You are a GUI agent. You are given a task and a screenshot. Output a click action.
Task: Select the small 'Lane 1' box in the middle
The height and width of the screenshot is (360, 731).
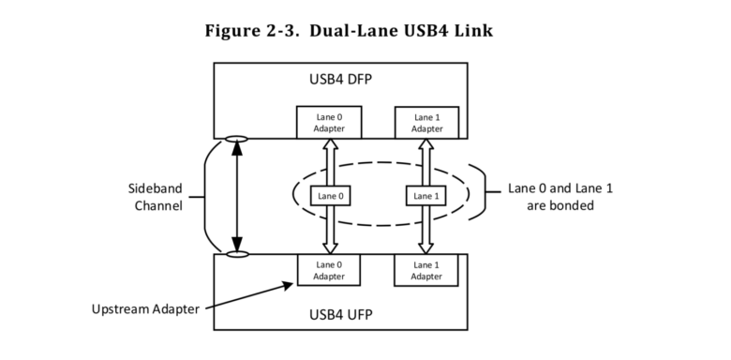(x=425, y=196)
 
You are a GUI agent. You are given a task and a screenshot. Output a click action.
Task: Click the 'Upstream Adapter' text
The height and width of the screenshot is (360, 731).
(x=145, y=308)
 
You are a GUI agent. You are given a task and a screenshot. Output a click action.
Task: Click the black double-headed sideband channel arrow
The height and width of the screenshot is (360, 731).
(x=238, y=196)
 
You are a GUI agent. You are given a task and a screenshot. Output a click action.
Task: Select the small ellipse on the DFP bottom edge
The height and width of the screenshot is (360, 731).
(x=238, y=140)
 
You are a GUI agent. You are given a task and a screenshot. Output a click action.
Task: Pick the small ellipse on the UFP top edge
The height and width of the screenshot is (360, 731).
(x=238, y=253)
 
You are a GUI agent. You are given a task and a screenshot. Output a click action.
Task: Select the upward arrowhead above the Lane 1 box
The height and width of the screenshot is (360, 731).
(x=425, y=145)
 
